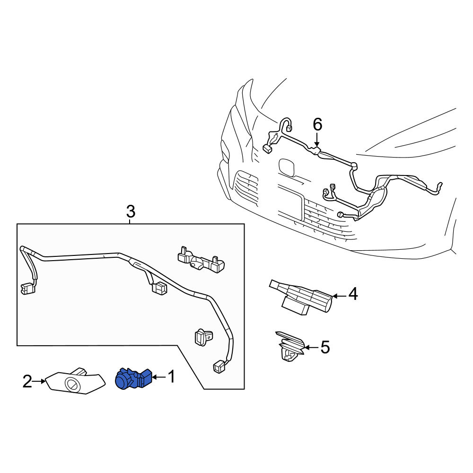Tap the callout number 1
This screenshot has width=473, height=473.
[x=171, y=377]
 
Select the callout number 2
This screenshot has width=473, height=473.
[x=27, y=382]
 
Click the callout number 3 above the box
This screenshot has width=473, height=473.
[x=131, y=211]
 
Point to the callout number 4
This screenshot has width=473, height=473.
[x=353, y=294]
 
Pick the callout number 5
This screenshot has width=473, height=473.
[x=325, y=347]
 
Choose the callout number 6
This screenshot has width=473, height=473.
[x=317, y=124]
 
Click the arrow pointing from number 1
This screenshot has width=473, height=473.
[x=159, y=377]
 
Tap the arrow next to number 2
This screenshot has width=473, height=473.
[x=38, y=382]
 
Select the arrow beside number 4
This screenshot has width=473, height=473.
[x=339, y=297]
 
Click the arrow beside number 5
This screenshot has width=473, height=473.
[x=311, y=348]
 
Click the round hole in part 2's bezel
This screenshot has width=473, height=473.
[x=72, y=384]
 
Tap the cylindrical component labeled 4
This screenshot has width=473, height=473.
[x=301, y=298]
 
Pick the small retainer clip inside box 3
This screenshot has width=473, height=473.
[x=203, y=336]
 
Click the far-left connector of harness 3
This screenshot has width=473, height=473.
[x=27, y=289]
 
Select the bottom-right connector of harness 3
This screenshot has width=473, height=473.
[x=219, y=367]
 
